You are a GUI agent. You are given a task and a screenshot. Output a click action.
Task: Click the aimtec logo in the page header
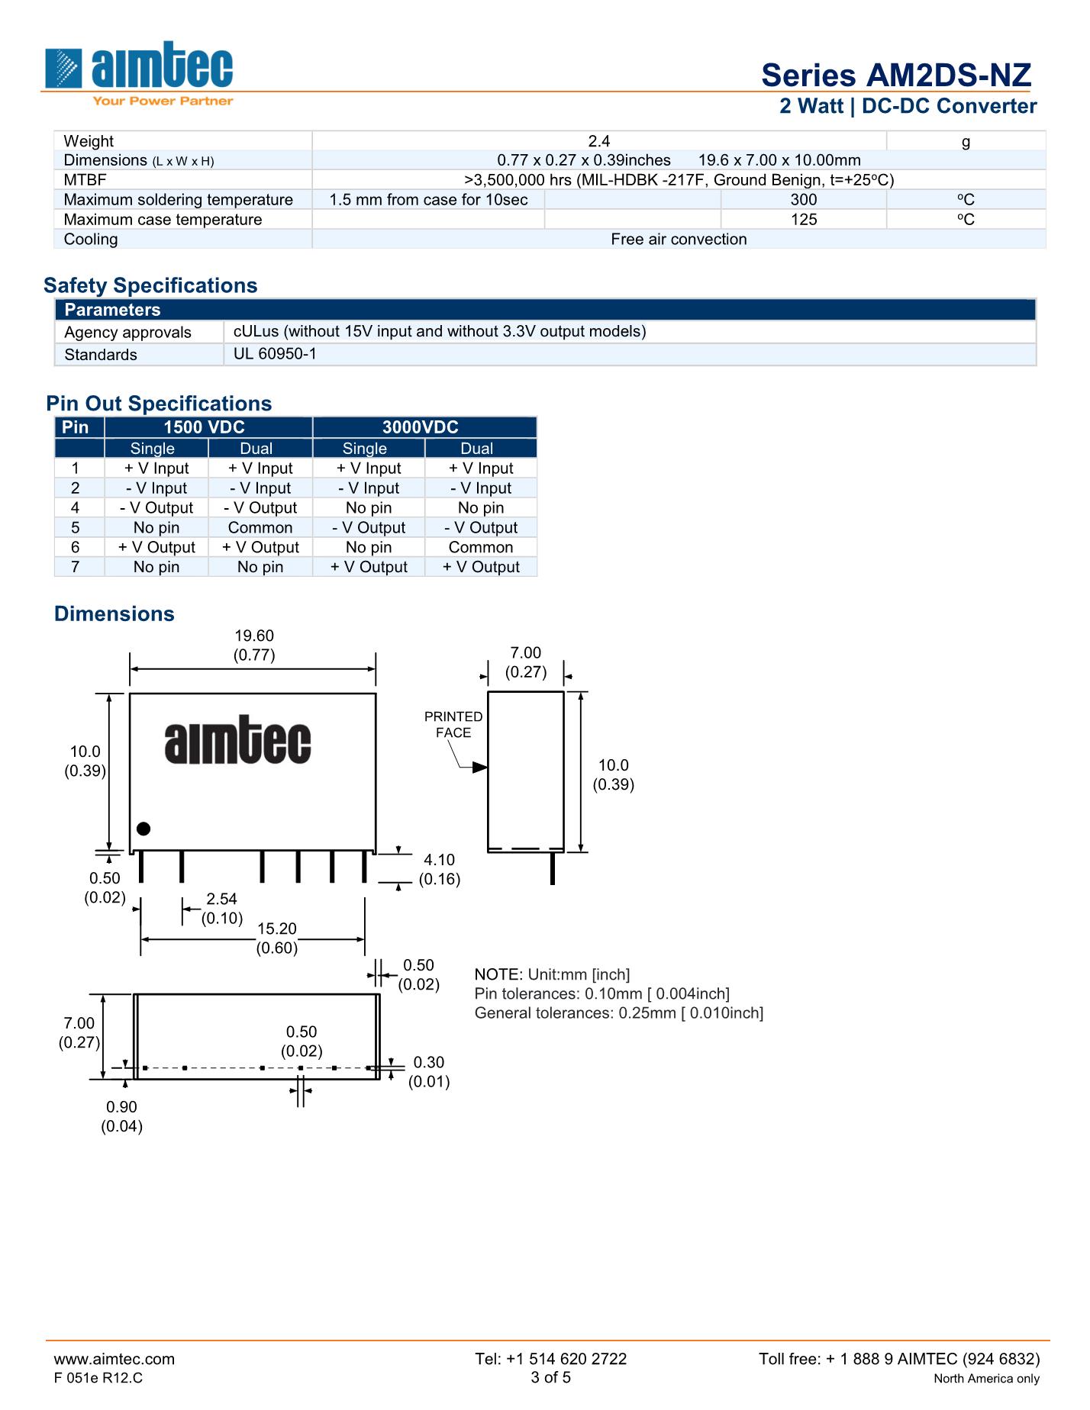pos(139,73)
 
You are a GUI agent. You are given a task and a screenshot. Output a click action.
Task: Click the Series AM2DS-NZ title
pos(896,75)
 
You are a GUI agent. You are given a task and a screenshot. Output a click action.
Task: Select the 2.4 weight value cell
pos(599,141)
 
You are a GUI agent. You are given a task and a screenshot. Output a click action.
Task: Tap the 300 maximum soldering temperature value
pos(804,200)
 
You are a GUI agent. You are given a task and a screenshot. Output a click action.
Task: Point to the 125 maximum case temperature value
pos(804,220)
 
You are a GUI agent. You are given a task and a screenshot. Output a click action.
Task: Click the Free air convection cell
pos(679,240)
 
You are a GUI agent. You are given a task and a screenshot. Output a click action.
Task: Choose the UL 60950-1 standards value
pos(275,354)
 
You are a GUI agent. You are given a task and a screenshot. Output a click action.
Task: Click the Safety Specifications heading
pos(150,285)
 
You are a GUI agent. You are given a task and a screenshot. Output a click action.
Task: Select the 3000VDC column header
pos(421,427)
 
